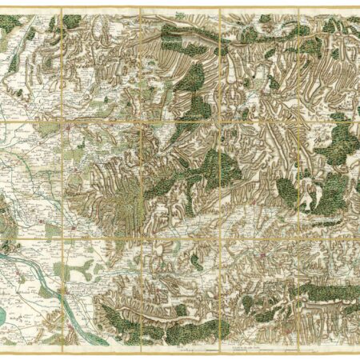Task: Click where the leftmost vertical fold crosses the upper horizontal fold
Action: (62, 121)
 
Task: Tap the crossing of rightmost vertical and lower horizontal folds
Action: (298, 238)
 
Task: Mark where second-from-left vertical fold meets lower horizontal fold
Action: (140, 238)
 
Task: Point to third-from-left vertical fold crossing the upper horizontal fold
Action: (219, 121)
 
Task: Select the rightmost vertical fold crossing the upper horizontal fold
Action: (298, 121)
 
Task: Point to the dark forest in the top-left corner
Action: (10, 24)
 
